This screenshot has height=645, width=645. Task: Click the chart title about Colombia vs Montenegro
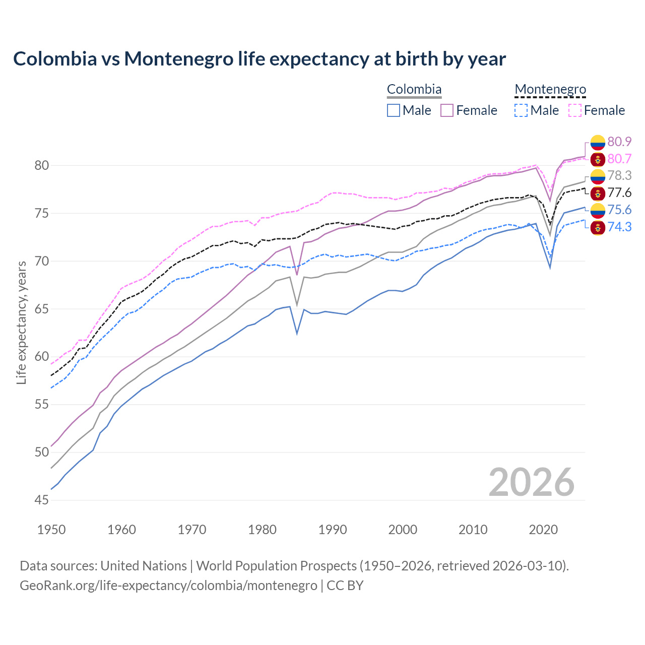point(260,59)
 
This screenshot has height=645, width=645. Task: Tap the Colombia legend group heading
point(414,90)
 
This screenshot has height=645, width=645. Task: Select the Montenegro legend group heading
point(550,90)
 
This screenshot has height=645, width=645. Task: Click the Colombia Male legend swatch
point(394,110)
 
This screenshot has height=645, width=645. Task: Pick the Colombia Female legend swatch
point(447,110)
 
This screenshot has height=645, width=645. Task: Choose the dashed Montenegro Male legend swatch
point(521,110)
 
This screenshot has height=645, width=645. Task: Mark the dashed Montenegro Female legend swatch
point(575,110)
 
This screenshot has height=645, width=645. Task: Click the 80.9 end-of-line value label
point(619,142)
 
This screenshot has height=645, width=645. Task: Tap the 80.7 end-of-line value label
point(619,159)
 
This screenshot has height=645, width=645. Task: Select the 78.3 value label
point(619,175)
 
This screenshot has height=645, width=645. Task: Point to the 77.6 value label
point(619,192)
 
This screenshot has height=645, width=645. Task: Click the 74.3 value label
point(619,227)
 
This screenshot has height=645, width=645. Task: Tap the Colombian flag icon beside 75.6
point(598,210)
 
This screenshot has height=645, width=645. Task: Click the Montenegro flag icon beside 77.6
point(598,193)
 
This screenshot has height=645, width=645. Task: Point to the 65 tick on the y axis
point(42,309)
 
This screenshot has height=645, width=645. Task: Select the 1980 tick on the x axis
point(263,530)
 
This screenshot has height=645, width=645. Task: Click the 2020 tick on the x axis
point(543,530)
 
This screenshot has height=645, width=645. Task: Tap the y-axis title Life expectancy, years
point(22,322)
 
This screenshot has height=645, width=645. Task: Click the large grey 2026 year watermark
point(532,482)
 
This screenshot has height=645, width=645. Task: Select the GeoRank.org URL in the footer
point(168,586)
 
